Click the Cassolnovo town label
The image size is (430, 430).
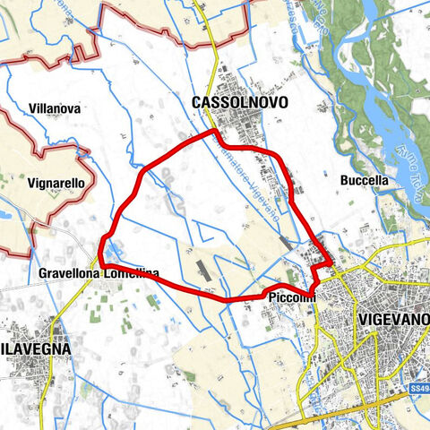(240, 104)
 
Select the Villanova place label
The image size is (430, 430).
(55, 108)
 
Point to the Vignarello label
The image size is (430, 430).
(56, 183)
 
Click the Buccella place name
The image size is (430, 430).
(365, 180)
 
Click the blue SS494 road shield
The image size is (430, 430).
(418, 389)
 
